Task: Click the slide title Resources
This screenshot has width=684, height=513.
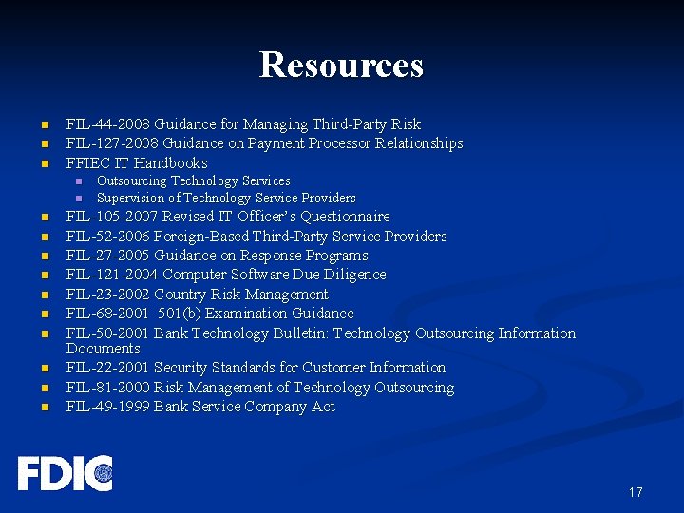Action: coord(341,65)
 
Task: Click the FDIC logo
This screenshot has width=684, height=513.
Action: coord(65,473)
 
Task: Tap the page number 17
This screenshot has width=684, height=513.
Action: coord(635,492)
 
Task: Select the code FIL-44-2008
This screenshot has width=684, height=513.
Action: coord(107,124)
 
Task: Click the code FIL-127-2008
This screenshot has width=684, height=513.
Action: coord(112,143)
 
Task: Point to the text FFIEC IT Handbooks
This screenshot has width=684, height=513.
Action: coord(137,163)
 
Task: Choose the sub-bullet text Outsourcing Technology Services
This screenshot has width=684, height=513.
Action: coord(194,180)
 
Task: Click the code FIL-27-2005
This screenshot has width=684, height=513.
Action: coord(107,256)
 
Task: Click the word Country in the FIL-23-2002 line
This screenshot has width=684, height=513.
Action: coord(180,294)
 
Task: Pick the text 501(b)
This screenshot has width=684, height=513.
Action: coord(181,313)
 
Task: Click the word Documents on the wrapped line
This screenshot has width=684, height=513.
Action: coord(103,349)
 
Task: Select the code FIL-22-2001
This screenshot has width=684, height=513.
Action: coord(107,368)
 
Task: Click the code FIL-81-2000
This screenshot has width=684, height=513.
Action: coord(107,388)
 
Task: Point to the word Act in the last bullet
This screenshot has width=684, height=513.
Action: coord(323,407)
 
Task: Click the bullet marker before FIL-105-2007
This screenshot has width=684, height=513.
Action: coord(44,218)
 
